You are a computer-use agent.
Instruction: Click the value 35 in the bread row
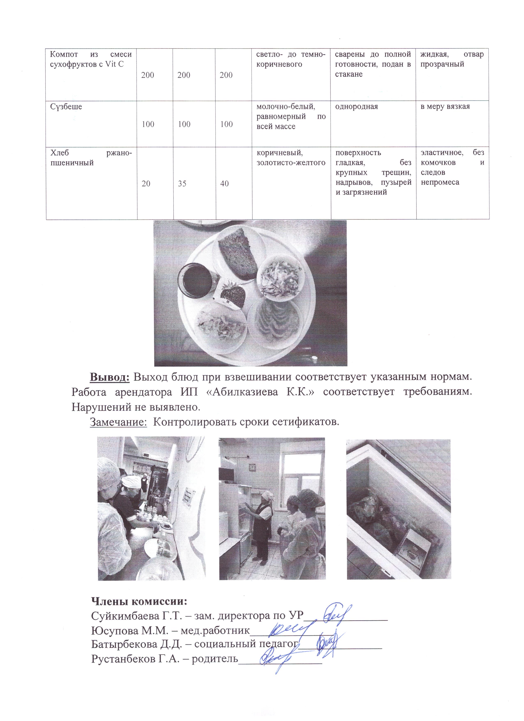pyautogui.click(x=182, y=183)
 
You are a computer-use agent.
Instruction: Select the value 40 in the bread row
pyautogui.click(x=224, y=183)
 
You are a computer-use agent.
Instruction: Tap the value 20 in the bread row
pyautogui.click(x=146, y=183)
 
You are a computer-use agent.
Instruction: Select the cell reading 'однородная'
pyautogui.click(x=357, y=106)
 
